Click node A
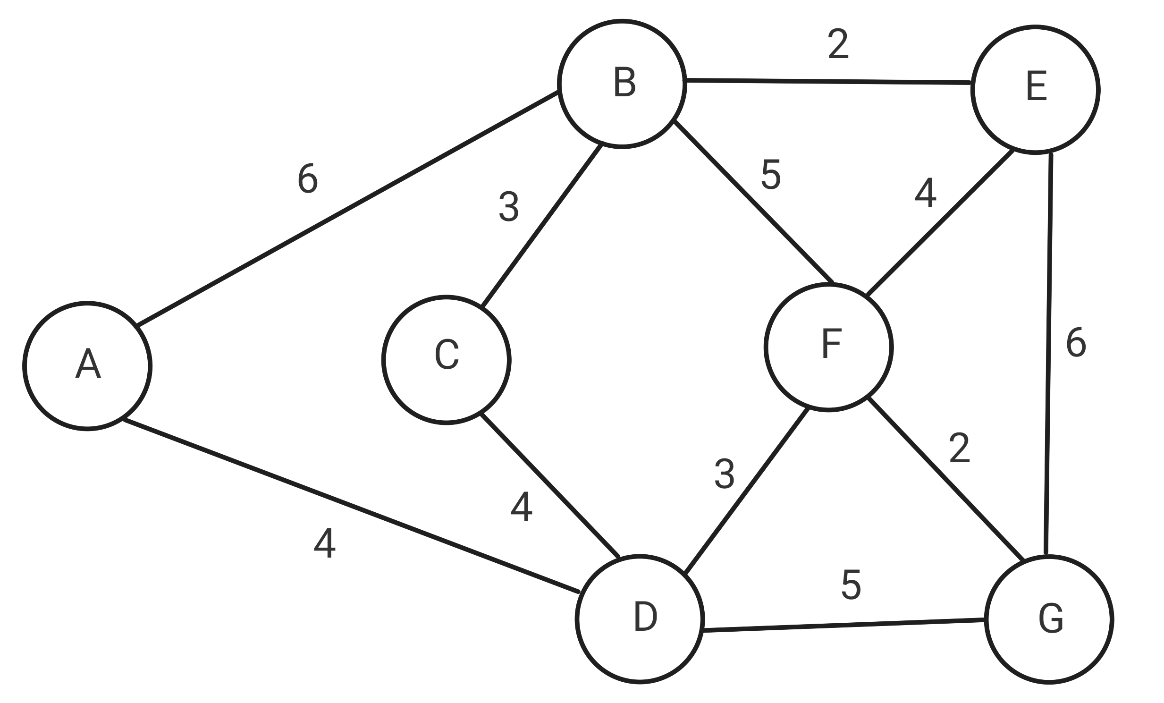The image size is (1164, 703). coord(87,366)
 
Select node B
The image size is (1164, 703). coord(622,84)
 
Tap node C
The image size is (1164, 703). coord(447,360)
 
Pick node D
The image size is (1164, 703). coord(640,619)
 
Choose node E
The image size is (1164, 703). coord(1035,90)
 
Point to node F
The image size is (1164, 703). coord(828,347)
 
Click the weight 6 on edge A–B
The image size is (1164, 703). coord(308,178)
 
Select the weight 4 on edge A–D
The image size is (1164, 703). coord(325,543)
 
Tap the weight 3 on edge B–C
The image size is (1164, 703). coord(509,206)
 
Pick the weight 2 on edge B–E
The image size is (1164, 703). coord(838,44)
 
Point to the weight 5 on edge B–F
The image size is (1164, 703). coord(771,175)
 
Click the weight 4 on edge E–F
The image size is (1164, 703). coord(925,193)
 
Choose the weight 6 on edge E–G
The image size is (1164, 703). coord(1076,342)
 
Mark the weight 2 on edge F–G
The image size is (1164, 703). coord(960,448)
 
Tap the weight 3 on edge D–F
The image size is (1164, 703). coord(724,474)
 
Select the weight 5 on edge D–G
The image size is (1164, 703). coord(851,585)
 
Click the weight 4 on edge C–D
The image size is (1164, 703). coord(521,508)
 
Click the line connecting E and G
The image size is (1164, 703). coord(1048,355)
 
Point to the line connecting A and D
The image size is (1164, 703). coord(351,505)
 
